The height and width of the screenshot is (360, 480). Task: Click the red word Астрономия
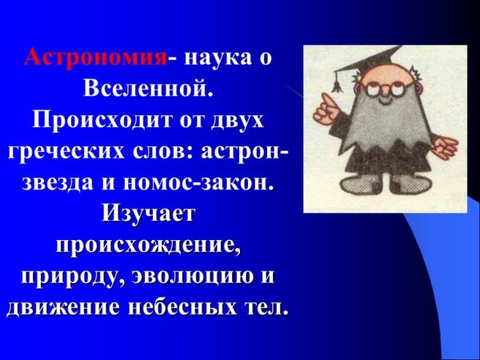97,58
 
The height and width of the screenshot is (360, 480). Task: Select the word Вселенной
149,86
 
